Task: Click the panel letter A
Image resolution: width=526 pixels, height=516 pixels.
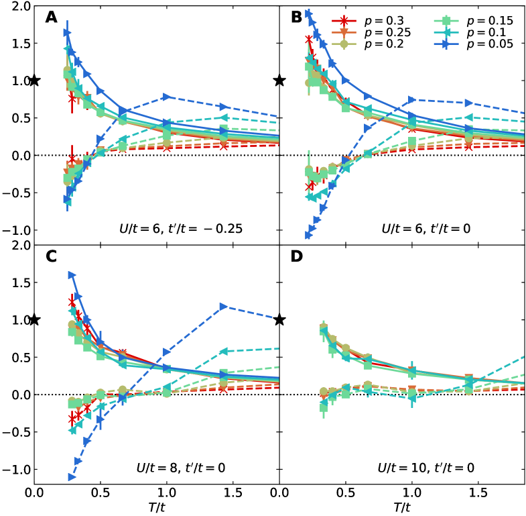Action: tap(52, 17)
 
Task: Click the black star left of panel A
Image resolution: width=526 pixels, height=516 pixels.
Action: tap(35, 81)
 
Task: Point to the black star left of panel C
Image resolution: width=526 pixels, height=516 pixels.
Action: tap(35, 320)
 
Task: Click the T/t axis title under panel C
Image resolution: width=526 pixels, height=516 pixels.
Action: tap(156, 508)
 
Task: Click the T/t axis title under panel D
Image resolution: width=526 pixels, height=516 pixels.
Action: tap(401, 508)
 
